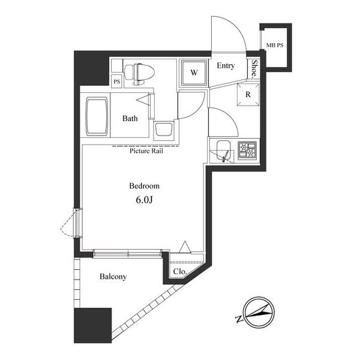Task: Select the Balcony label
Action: [113, 277]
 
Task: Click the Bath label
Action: [130, 118]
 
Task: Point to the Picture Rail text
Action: [146, 151]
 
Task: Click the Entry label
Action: [226, 66]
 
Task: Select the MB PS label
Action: [275, 44]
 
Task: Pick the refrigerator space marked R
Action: [247, 95]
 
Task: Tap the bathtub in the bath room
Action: [95, 116]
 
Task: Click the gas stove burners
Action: [247, 150]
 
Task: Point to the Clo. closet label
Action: [179, 271]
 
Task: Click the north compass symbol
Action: [254, 314]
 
